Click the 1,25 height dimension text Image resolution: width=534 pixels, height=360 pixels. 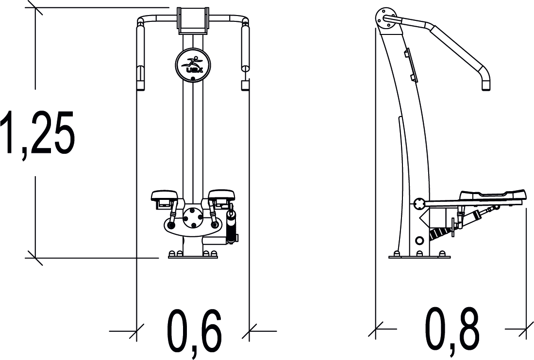(38, 132)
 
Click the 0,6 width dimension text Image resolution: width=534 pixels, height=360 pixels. (194, 331)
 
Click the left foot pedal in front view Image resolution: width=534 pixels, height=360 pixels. (166, 196)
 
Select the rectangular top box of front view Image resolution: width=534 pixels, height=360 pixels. (193, 19)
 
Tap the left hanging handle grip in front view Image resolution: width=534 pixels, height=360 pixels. (141, 56)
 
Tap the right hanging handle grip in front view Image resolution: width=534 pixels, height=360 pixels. (245, 56)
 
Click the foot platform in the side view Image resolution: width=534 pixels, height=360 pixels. (491, 196)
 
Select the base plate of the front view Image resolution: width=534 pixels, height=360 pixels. (193, 256)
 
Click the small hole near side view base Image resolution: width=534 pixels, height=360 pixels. (419, 241)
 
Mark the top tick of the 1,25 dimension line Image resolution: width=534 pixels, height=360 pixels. (35, 8)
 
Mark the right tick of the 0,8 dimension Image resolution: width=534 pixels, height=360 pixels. (526, 329)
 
